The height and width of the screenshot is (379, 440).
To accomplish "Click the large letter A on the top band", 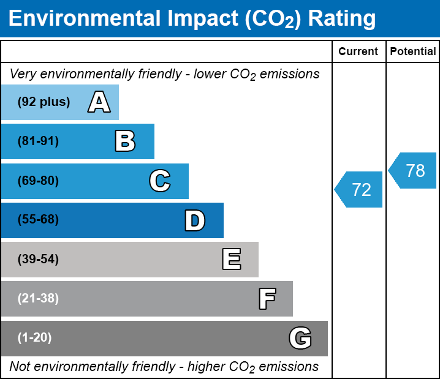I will click(x=99, y=102).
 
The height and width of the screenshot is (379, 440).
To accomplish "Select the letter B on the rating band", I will click(x=125, y=141).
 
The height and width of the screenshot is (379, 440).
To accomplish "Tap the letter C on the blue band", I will click(x=160, y=181).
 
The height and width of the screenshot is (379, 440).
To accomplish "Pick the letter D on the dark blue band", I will click(x=195, y=220).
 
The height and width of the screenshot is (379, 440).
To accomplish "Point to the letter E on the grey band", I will click(x=231, y=260).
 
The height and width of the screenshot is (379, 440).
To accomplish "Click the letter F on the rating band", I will click(x=267, y=299).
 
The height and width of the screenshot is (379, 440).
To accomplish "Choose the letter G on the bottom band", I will click(x=300, y=338).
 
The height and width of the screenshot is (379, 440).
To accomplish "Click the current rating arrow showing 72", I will click(x=359, y=190).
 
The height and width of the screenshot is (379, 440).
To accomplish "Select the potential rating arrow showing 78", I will click(x=413, y=170).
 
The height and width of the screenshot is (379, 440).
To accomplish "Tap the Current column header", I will click(x=358, y=52).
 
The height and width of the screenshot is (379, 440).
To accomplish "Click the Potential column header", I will click(x=413, y=52).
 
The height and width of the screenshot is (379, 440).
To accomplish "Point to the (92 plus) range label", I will click(x=44, y=102).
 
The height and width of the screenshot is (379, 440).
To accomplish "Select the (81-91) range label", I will click(x=38, y=141).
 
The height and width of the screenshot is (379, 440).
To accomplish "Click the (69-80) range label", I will click(x=38, y=181).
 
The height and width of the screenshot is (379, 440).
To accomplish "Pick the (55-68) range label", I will click(x=38, y=220).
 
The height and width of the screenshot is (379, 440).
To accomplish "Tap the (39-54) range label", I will click(x=38, y=260).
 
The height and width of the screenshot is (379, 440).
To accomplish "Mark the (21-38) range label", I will click(x=38, y=299).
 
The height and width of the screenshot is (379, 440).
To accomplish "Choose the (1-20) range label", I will click(x=35, y=338).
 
